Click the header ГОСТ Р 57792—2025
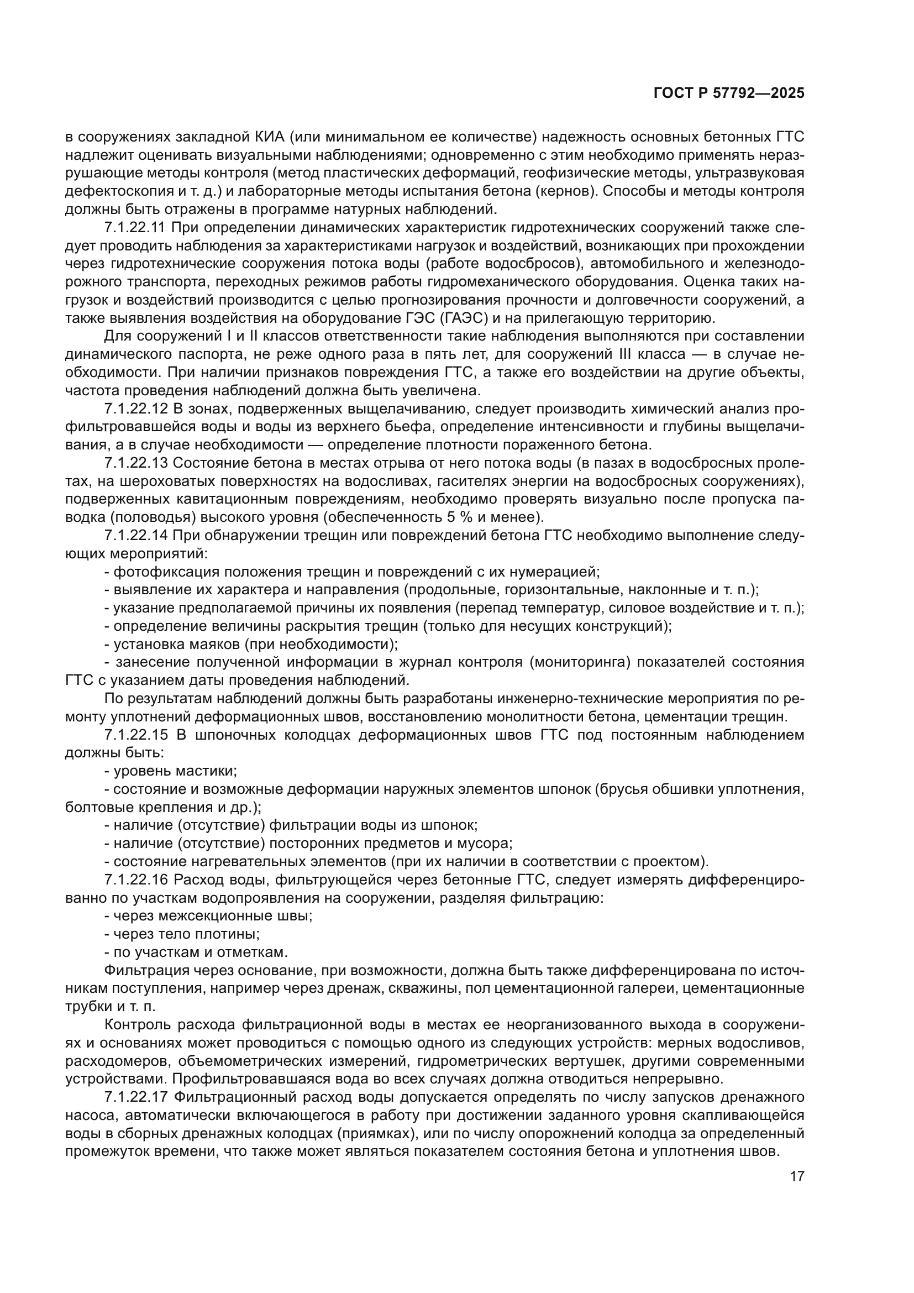(729, 93)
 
